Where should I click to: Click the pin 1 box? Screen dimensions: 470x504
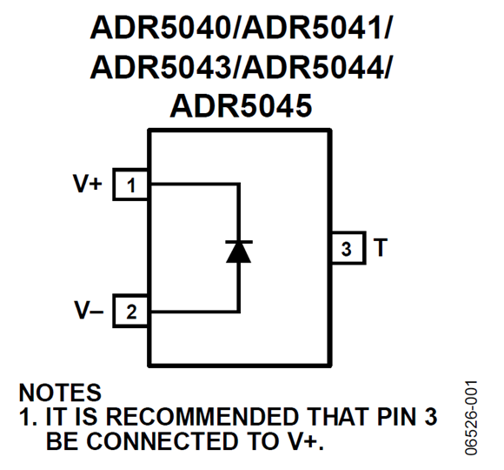click(x=130, y=185)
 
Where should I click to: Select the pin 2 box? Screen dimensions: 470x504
click(x=130, y=312)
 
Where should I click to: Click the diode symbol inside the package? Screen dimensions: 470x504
click(x=238, y=251)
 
